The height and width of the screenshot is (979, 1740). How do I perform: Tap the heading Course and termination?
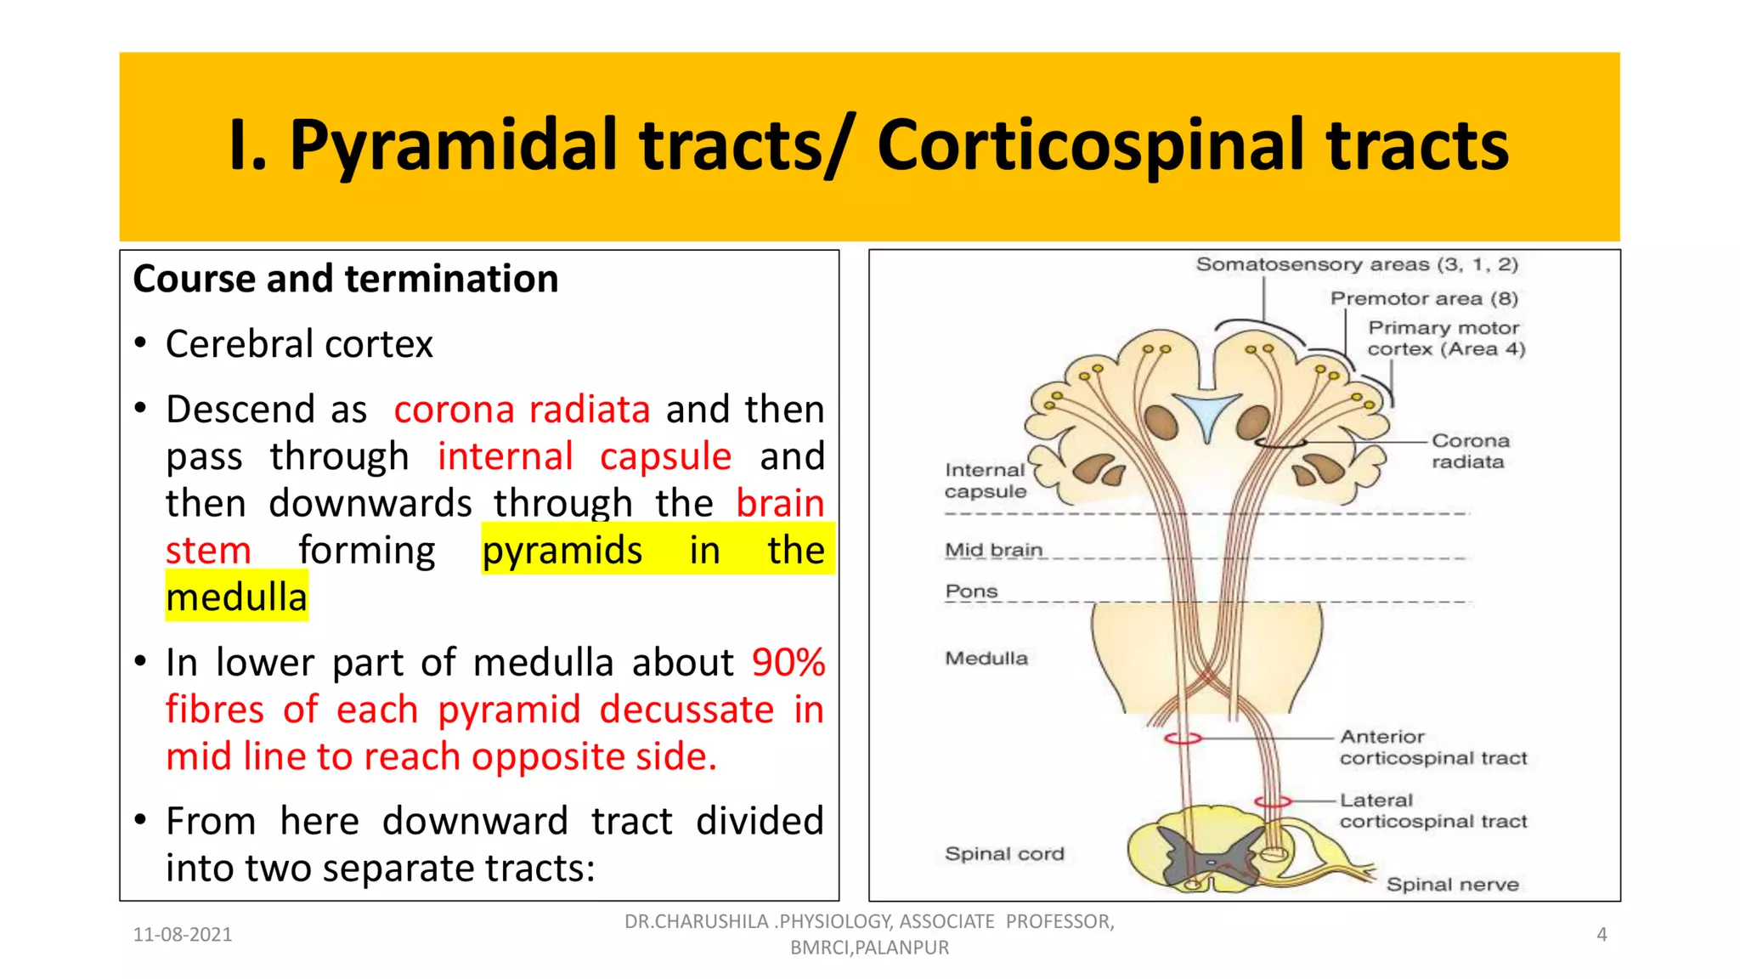click(345, 280)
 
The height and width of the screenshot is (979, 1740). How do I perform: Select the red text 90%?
click(788, 663)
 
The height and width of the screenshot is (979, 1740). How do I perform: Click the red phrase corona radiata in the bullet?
click(522, 410)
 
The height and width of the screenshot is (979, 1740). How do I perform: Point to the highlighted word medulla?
click(236, 597)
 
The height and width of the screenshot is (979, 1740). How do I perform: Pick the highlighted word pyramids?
click(562, 551)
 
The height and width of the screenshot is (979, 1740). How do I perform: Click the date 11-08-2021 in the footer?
click(183, 935)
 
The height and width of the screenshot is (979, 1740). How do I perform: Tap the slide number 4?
click(1602, 935)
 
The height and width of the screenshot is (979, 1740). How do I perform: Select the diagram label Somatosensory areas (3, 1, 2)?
click(1357, 264)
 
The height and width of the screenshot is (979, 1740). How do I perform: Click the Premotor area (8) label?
click(1424, 298)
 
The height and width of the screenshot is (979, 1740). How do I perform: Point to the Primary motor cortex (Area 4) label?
click(1446, 338)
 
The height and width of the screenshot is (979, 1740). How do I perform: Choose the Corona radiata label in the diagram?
click(1470, 451)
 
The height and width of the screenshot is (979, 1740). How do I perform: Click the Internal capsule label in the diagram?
click(986, 481)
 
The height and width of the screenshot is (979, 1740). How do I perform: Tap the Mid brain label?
click(993, 550)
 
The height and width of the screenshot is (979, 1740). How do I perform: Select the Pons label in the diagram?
click(971, 591)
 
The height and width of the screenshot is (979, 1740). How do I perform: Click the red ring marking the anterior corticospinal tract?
click(1183, 738)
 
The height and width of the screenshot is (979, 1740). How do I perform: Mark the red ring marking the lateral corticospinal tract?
click(1273, 801)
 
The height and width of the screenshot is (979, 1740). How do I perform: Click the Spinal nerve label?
click(1452, 885)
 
